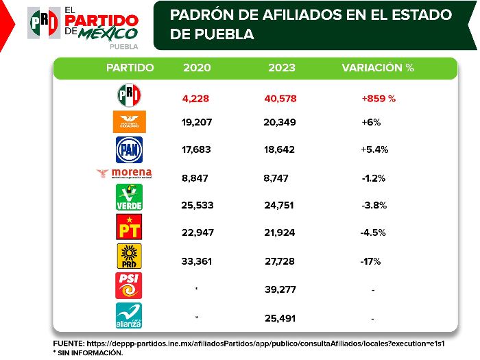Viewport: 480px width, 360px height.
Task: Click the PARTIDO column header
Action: (130, 68)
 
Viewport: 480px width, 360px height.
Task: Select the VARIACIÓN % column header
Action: (379, 68)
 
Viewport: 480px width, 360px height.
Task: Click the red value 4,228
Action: (195, 98)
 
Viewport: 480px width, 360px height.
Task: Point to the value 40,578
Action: (280, 98)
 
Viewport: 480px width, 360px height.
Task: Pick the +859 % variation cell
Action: (379, 98)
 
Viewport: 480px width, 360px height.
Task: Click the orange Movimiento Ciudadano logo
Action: (129, 122)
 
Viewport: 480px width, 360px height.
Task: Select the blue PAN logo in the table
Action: (129, 148)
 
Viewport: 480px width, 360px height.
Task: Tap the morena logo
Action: (124, 174)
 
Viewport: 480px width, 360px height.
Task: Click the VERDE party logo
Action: (129, 198)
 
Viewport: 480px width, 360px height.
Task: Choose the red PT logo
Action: (129, 227)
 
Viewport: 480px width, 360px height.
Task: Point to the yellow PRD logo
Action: (129, 255)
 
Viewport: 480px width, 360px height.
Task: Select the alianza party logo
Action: (129, 315)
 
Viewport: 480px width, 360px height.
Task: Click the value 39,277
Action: (280, 289)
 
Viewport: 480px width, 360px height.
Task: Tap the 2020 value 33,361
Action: (197, 261)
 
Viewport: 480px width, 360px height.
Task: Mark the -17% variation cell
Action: (370, 261)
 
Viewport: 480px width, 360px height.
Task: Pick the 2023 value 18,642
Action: (280, 149)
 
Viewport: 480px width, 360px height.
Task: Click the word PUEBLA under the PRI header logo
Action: (123, 47)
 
